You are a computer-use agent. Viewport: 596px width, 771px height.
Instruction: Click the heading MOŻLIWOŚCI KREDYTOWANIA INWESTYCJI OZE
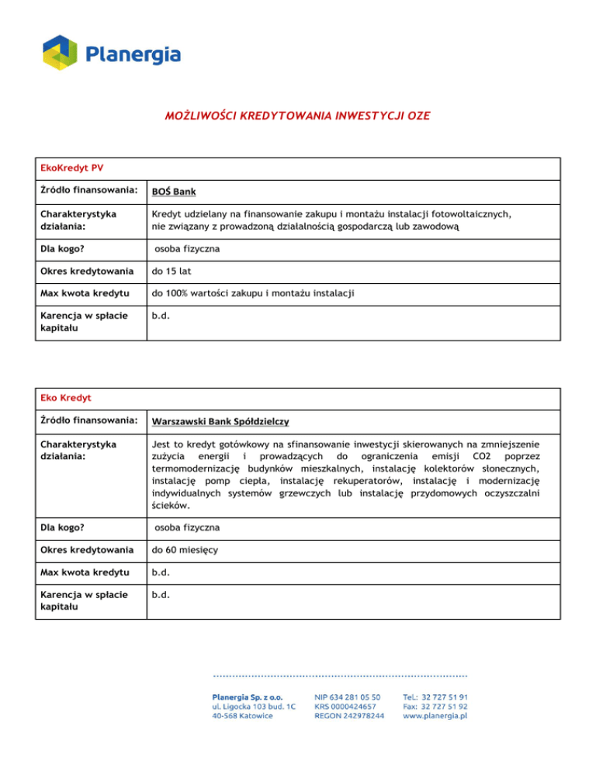point(297,116)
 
